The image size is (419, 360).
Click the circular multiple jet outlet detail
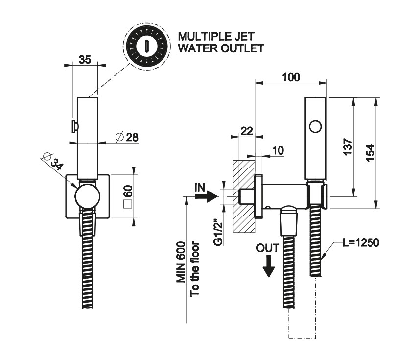[145, 45]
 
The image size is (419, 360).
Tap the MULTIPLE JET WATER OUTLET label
[221, 42]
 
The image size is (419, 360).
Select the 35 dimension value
[85, 60]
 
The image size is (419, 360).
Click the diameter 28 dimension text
[127, 137]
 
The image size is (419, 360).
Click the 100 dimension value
[291, 77]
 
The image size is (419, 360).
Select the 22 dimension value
[247, 130]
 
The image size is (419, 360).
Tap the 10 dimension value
[278, 150]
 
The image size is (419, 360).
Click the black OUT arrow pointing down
[268, 266]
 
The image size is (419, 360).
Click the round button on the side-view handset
[316, 127]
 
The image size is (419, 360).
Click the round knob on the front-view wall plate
[87, 196]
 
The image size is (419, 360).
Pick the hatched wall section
[244, 196]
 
